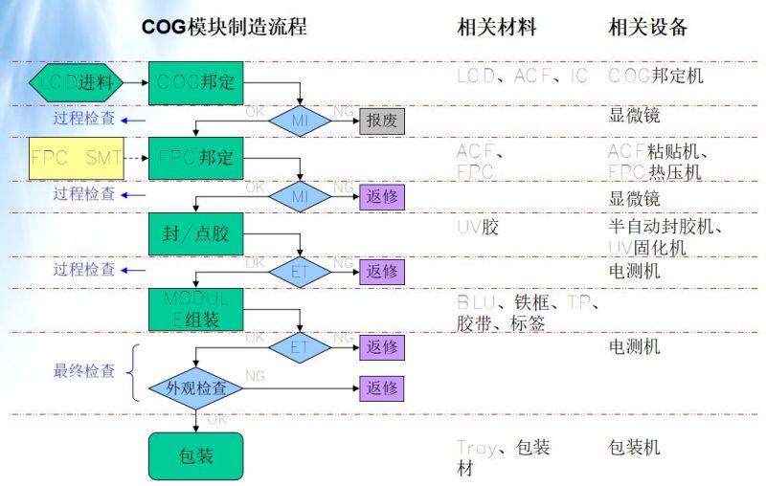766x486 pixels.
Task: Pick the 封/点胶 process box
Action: click(196, 232)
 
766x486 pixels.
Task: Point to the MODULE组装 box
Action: click(196, 308)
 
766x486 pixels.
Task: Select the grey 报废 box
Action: click(382, 121)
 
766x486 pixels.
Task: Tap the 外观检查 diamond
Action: click(197, 388)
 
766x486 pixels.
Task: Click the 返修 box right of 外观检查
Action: click(382, 388)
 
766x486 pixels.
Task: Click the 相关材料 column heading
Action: click(497, 27)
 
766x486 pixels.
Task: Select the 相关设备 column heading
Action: click(648, 27)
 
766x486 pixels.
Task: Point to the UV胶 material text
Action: click(477, 227)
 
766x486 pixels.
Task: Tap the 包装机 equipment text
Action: click(635, 447)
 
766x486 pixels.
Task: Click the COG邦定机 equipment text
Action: click(656, 75)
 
